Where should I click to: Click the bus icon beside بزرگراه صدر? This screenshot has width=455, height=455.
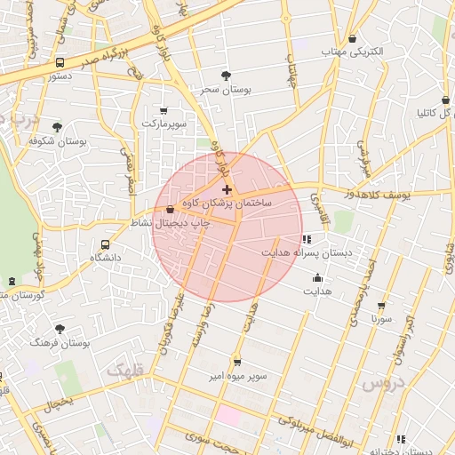[60, 63]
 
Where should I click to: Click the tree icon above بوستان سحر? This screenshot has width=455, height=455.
[227, 76]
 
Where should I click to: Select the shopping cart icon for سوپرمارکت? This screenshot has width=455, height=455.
[164, 110]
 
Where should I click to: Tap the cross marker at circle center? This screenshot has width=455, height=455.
[227, 189]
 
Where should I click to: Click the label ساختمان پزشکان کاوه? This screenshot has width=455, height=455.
[227, 204]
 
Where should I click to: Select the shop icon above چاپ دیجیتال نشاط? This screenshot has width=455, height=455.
[170, 210]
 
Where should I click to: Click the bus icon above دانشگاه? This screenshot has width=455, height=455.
[106, 244]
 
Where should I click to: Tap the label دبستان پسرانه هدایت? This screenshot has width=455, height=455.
[307, 253]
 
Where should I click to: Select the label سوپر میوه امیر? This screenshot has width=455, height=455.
[238, 377]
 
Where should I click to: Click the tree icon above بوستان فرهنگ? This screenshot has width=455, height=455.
[60, 329]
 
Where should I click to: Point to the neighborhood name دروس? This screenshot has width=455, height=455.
[384, 383]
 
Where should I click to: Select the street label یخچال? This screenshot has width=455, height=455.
[57, 403]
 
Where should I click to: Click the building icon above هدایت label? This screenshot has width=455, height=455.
[317, 278]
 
